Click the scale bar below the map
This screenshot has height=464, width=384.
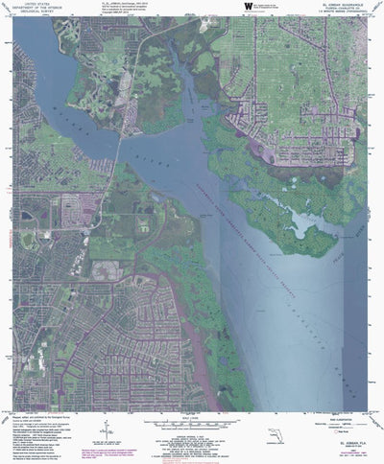point(191,422)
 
